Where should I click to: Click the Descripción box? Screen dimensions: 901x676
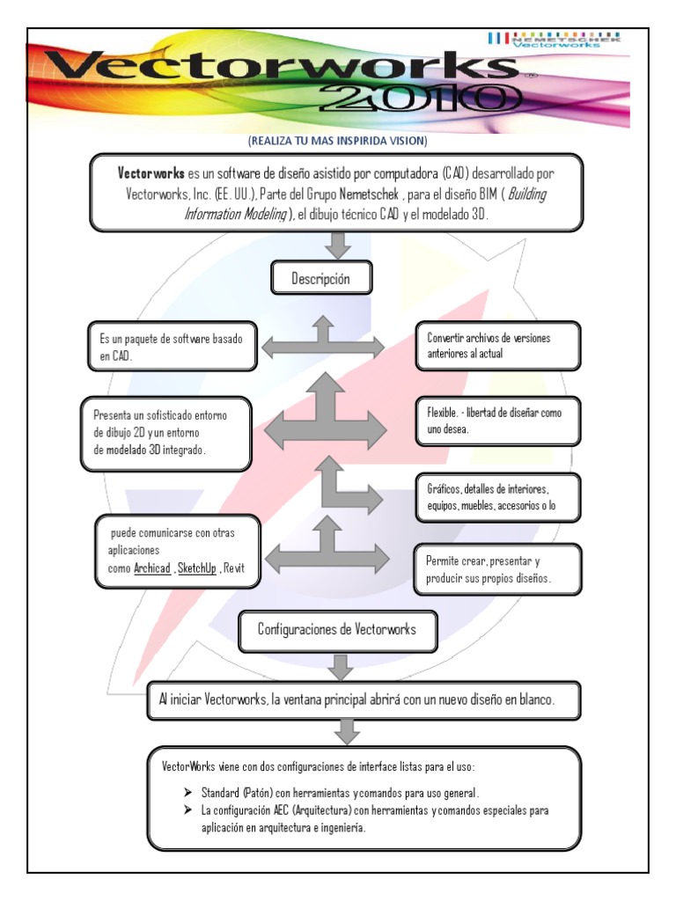coord(320,281)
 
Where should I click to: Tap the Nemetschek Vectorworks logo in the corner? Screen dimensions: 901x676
coord(553,40)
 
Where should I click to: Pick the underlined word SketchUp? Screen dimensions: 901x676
coord(197,568)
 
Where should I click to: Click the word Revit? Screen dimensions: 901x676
coord(234,568)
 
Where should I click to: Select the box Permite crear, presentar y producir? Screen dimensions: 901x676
coord(497,569)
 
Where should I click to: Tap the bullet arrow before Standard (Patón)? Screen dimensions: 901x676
coord(188,790)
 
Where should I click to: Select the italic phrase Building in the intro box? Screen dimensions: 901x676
coord(522,194)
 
